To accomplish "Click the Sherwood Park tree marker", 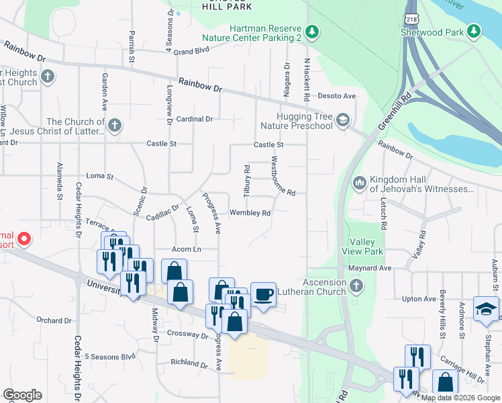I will pyautogui.click(x=474, y=31).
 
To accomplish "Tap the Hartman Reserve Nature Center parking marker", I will pyautogui.click(x=311, y=31).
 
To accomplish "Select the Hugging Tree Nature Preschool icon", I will pyautogui.click(x=343, y=120).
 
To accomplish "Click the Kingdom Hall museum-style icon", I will pyautogui.click(x=359, y=183).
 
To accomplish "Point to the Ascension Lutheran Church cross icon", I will pyautogui.click(x=356, y=287).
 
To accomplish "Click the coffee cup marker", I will pyautogui.click(x=263, y=293).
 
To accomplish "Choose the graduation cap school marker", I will pyautogui.click(x=486, y=308).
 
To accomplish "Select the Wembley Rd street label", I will pyautogui.click(x=250, y=213).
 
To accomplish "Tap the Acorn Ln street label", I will pyautogui.click(x=187, y=249).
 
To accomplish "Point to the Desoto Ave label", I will pyautogui.click(x=336, y=96).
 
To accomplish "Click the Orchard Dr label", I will pyautogui.click(x=54, y=320).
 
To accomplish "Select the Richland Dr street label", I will pyautogui.click(x=189, y=363).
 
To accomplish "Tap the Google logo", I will pyautogui.click(x=22, y=395).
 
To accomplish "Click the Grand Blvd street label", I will pyautogui.click(x=191, y=51).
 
